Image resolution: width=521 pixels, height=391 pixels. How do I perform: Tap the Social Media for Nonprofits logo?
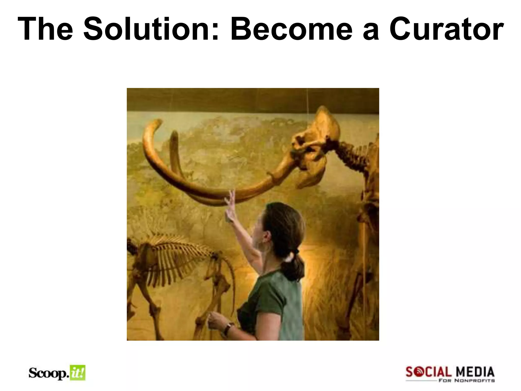pyautogui.click(x=450, y=374)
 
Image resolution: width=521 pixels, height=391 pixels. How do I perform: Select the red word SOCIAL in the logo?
pyautogui.click(x=428, y=372)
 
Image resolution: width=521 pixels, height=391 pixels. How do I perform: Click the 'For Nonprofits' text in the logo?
pyautogui.click(x=467, y=381)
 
